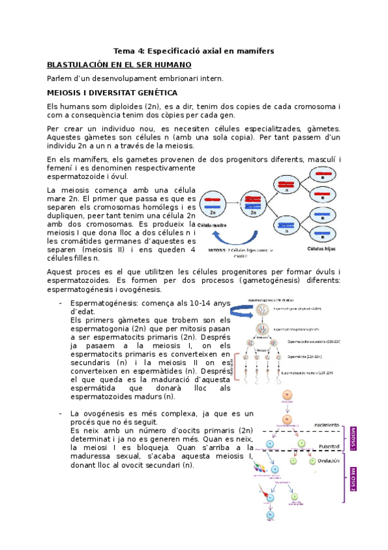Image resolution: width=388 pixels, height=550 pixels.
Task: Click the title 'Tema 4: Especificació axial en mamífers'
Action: pos(194,51)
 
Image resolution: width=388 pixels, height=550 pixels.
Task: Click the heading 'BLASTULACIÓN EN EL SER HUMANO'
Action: pos(119,65)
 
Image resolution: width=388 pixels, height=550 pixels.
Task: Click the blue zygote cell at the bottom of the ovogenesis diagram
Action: pos(270,516)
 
